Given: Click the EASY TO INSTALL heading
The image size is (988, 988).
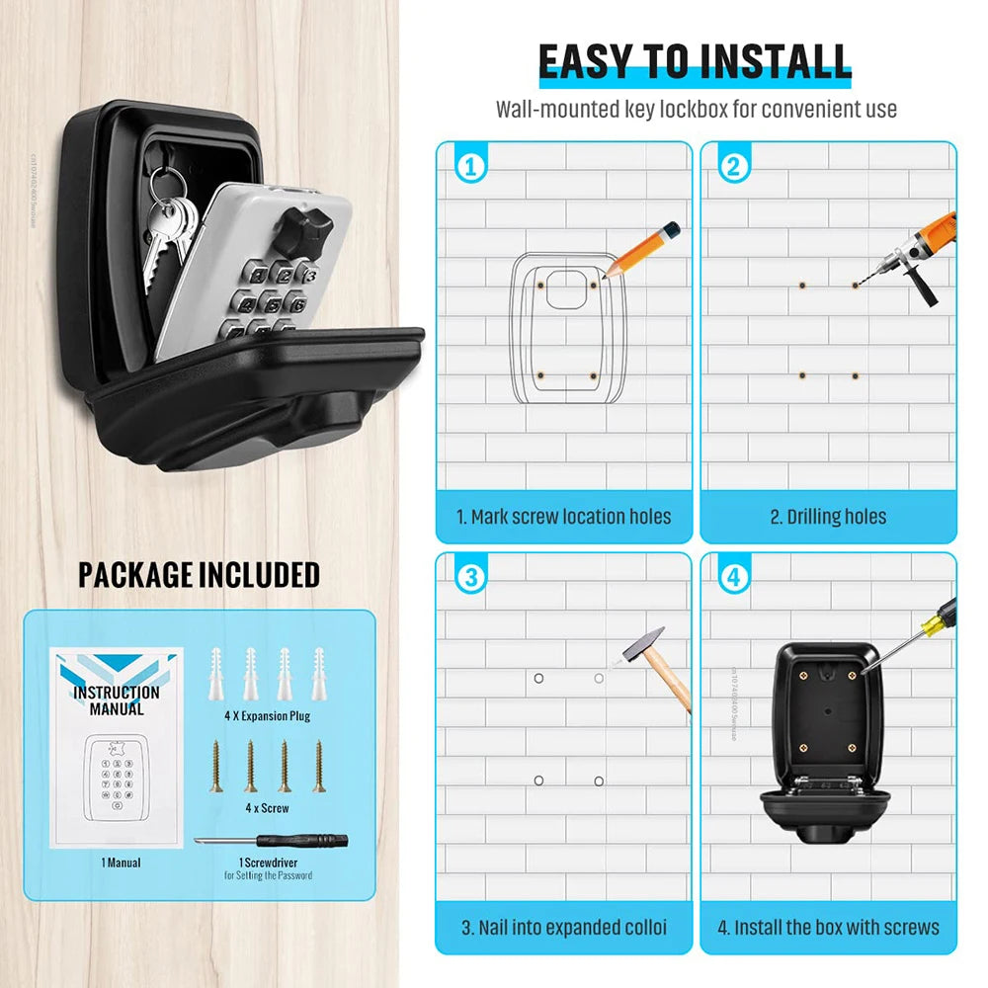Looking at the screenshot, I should [695, 61].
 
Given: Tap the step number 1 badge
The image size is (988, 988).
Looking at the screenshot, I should [471, 167].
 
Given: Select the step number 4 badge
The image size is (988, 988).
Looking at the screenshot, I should [734, 578].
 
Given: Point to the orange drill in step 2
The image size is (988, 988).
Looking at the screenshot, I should [919, 253].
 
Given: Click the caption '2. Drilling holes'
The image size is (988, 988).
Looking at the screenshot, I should [828, 517].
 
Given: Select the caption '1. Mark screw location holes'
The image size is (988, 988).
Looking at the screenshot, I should [563, 517].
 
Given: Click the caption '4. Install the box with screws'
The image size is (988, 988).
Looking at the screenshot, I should [828, 928].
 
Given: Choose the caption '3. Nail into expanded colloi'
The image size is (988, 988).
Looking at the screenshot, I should [563, 928].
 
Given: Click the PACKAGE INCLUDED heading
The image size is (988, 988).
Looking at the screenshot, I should [199, 575].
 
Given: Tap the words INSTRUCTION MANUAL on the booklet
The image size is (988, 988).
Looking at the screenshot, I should [117, 700].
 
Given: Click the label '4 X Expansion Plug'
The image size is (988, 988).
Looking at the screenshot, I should [267, 715].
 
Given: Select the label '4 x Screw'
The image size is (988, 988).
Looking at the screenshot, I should [267, 807].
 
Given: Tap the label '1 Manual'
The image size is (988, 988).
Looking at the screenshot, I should [121, 863].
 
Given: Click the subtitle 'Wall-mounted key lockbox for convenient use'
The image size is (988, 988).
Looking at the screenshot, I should [696, 109].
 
